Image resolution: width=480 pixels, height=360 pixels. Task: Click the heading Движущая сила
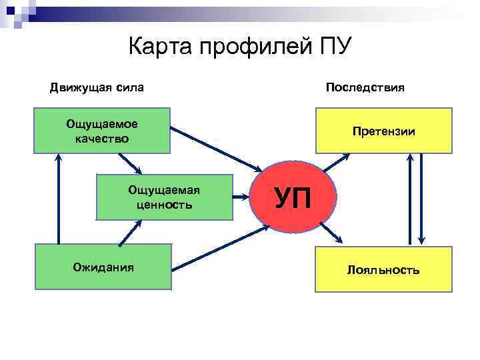97,87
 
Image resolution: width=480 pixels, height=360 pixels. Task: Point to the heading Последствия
365,87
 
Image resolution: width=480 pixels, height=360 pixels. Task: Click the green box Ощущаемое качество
102,131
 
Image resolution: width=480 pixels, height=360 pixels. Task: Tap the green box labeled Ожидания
103,267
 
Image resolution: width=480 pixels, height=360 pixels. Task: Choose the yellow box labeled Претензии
383,131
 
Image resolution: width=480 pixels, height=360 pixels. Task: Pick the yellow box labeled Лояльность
383,270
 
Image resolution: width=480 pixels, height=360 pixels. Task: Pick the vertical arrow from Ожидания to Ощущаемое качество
58,200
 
